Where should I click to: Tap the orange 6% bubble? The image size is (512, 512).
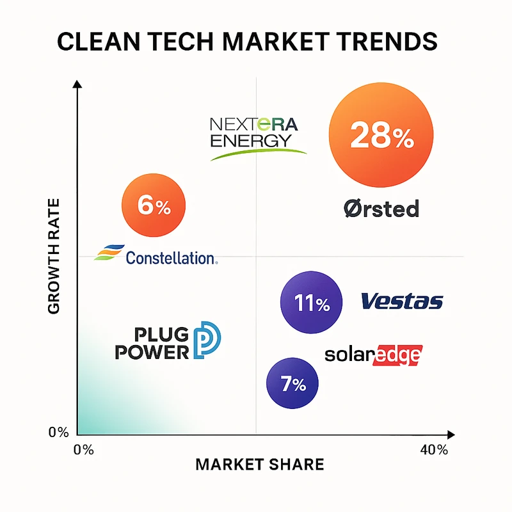pos(154,205)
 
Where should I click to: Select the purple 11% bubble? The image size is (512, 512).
pos(312,303)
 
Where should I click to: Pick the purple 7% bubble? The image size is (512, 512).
pos(294,383)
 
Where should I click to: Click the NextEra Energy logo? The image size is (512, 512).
pos(254,132)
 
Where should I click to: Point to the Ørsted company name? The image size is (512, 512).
pos(381,209)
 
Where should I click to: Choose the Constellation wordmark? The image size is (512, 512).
pos(171,258)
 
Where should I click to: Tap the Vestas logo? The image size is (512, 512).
pos(402,301)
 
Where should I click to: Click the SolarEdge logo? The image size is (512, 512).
pos(374,355)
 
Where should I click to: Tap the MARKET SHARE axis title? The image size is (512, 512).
pos(259,464)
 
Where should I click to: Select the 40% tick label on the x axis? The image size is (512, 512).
pos(434,449)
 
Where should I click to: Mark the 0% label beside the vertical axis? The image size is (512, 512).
pos(58,433)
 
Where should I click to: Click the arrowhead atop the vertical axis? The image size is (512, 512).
pos(77,84)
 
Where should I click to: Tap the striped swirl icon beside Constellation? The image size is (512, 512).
pos(107,253)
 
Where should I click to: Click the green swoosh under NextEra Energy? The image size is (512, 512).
pos(259,153)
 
